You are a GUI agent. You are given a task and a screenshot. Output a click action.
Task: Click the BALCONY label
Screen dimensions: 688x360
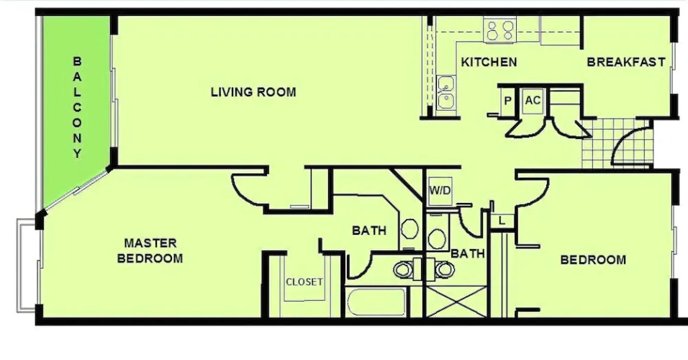coord(77,107)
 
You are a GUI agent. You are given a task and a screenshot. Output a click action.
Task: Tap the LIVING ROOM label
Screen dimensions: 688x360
coord(253,92)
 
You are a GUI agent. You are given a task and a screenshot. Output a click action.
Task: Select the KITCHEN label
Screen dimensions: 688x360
coord(489,63)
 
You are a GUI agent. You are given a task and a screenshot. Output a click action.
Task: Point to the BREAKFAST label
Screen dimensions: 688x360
coord(626,62)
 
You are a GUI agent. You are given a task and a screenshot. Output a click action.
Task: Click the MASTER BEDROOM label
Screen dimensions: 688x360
coord(150,251)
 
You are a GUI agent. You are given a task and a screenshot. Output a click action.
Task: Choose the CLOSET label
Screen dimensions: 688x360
coord(304,282)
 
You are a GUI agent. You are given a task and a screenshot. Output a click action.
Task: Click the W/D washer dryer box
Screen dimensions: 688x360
coord(440,191)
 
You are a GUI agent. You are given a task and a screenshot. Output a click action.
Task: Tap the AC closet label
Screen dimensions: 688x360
coord(533,101)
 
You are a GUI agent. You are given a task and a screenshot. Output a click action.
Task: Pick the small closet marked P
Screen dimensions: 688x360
coord(507,101)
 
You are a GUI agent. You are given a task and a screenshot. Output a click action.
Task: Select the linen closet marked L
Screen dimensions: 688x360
coord(502,221)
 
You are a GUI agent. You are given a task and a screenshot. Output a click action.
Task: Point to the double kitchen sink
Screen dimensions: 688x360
coord(446,92)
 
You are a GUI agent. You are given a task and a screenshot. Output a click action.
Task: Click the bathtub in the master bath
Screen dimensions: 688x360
coord(376,302)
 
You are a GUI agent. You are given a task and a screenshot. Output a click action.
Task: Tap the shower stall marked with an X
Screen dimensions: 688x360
coord(456,301)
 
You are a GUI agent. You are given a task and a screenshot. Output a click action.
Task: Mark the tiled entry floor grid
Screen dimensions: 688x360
coord(617,143)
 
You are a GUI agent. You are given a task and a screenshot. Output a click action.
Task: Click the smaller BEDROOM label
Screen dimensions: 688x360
coord(593,260)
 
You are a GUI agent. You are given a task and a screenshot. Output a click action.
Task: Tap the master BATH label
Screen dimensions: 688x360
coord(369,230)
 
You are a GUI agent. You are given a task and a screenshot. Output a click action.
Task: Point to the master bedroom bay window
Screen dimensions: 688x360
coord(28,266)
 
